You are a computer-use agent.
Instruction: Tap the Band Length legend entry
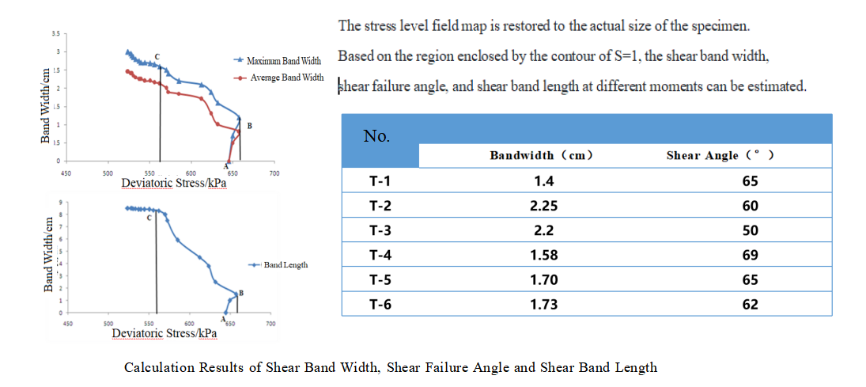[286, 264]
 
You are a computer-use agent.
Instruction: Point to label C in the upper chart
[157, 56]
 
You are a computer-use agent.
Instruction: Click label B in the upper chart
[249, 126]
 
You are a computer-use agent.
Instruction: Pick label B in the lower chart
[240, 293]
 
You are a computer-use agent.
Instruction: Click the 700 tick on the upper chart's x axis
[274, 172]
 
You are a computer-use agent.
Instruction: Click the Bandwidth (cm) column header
[541, 155]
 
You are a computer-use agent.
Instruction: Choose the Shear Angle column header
[720, 155]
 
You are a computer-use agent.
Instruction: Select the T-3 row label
[380, 230]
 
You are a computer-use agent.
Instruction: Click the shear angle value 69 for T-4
[750, 255]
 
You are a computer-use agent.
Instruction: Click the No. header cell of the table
[376, 136]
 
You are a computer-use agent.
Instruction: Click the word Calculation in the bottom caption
[155, 367]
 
